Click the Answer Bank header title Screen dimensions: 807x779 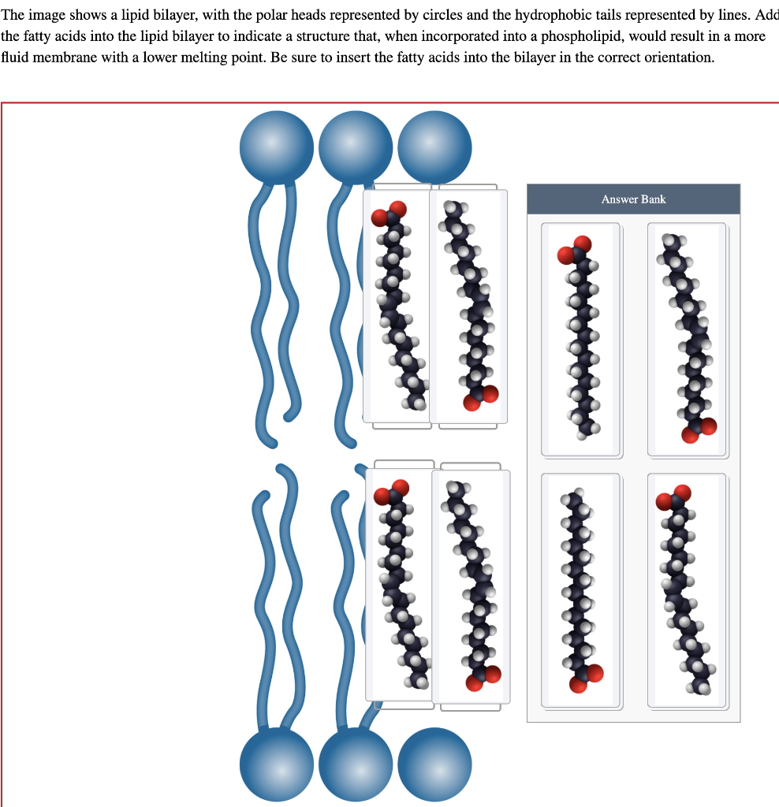[x=633, y=199]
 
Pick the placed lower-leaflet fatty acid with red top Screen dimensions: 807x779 [x=400, y=583]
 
